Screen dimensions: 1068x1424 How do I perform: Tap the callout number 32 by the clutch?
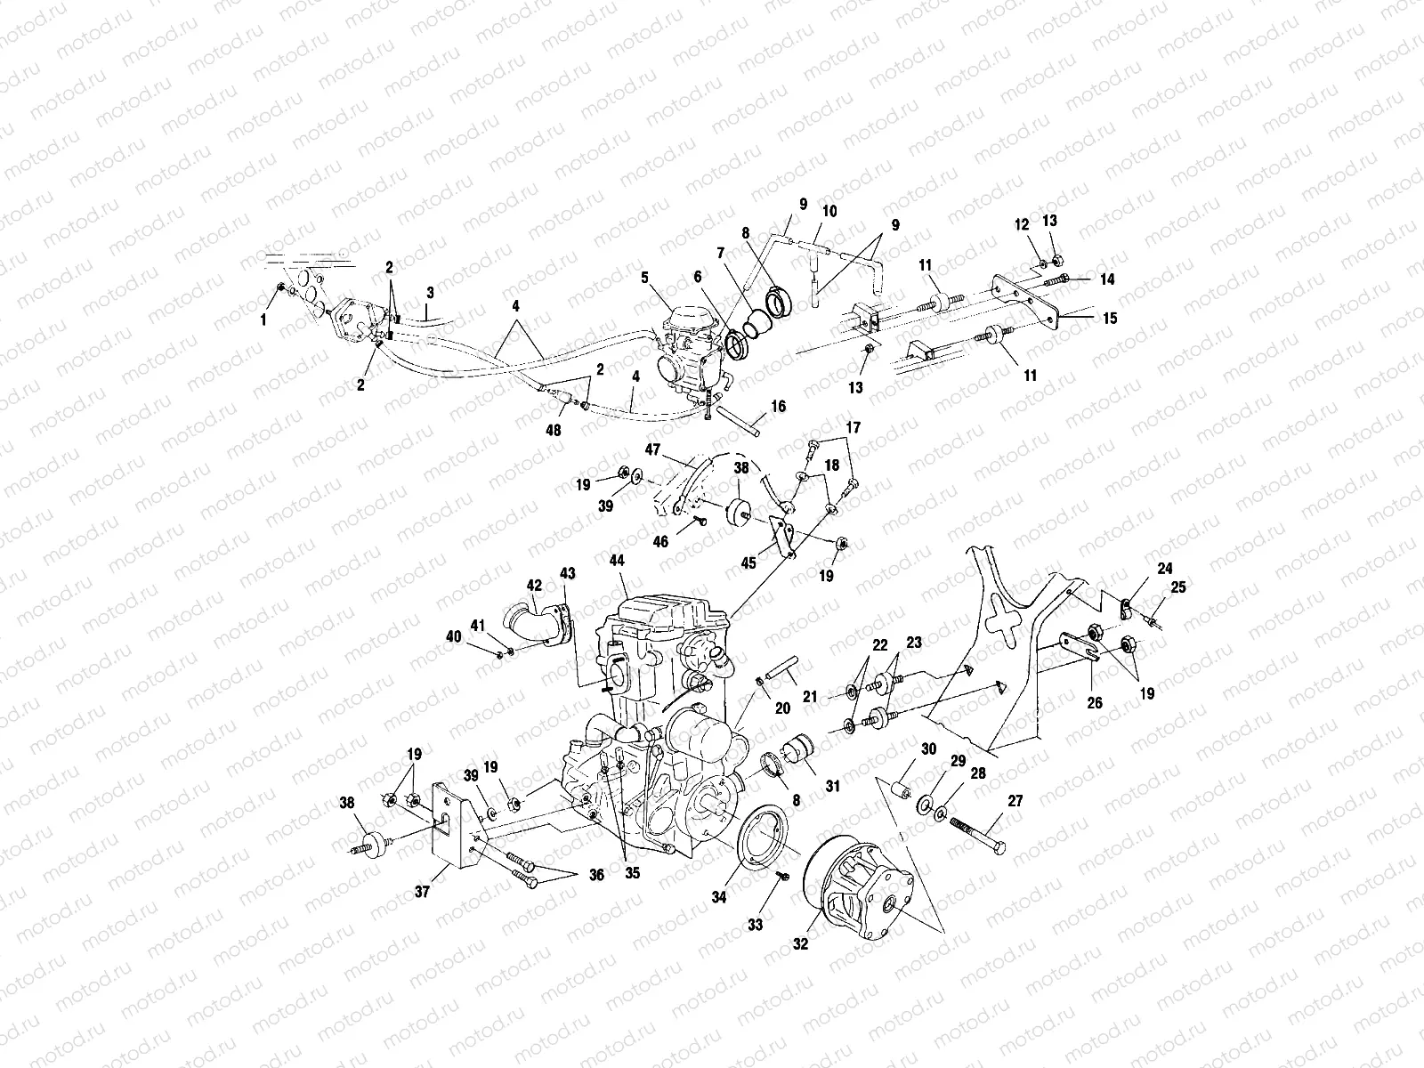(800, 944)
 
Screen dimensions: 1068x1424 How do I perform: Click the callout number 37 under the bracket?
(423, 891)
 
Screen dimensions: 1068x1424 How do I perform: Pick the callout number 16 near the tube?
(779, 407)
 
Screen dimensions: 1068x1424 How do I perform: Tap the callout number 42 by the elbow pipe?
(534, 586)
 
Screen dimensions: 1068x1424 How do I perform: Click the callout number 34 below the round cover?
(718, 898)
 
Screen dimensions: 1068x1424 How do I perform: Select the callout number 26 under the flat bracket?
(1094, 702)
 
